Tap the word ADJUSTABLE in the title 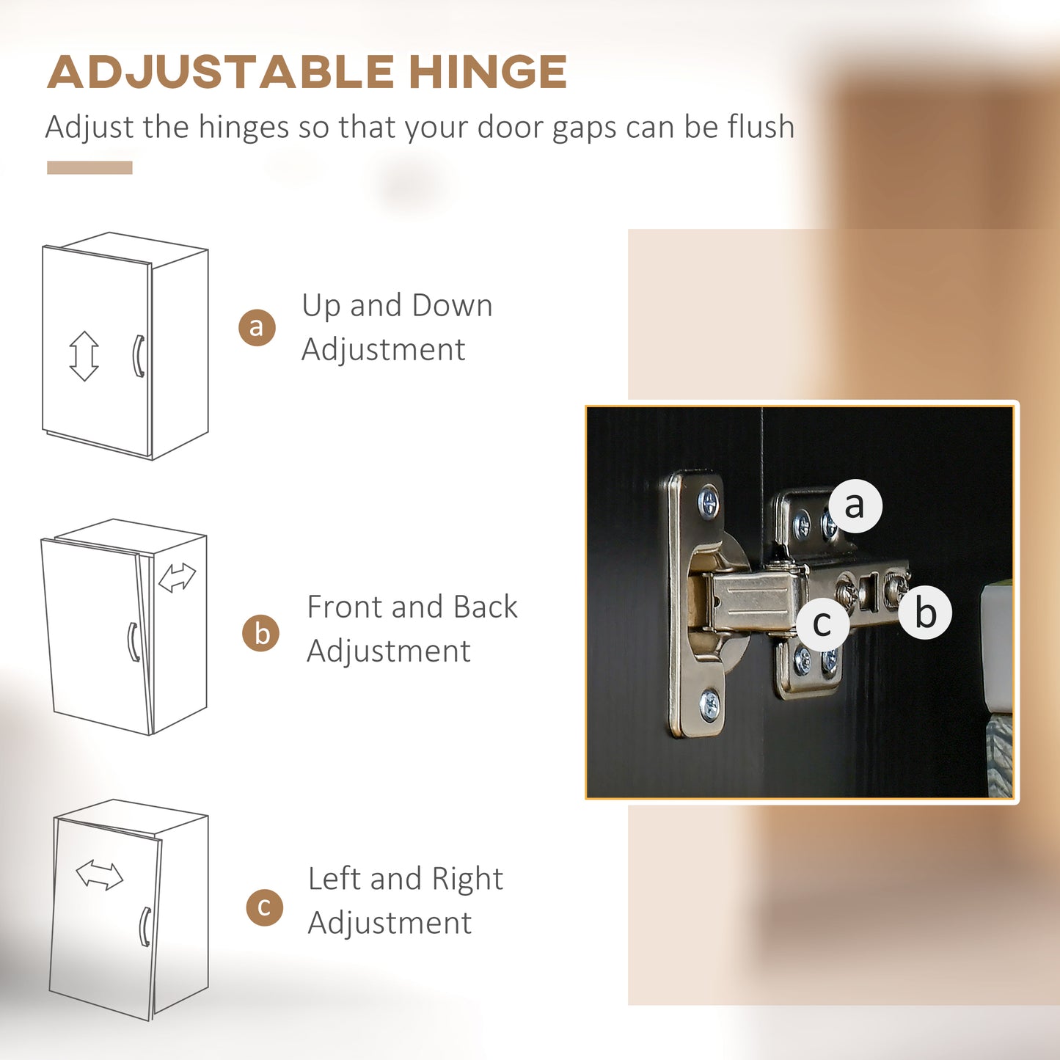click(x=221, y=71)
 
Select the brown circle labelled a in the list click(x=257, y=327)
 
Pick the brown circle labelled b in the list click(x=260, y=633)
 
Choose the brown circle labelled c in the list click(x=265, y=907)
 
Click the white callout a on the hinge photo click(x=855, y=505)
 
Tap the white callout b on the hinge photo click(x=925, y=613)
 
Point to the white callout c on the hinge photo click(x=823, y=624)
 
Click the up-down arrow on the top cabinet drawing click(x=84, y=356)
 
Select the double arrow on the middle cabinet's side click(x=177, y=577)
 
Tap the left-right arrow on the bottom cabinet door click(x=100, y=875)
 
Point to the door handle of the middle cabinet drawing click(x=132, y=642)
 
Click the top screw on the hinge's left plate click(x=709, y=502)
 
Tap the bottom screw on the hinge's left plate click(x=709, y=705)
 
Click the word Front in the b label click(x=345, y=607)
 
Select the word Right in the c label click(x=467, y=879)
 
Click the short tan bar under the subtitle click(x=89, y=168)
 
